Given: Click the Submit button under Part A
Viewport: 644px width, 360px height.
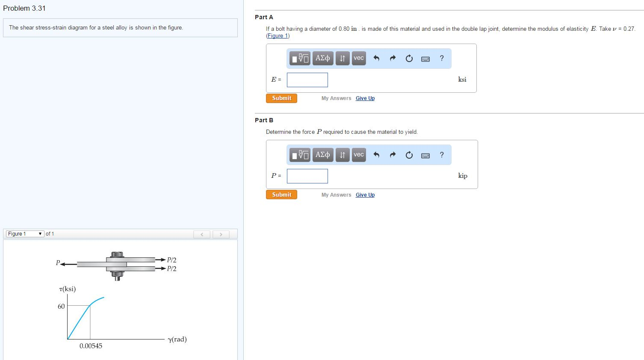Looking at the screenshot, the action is pyautogui.click(x=281, y=98).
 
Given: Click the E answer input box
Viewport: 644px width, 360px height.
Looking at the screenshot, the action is pyautogui.click(x=307, y=80).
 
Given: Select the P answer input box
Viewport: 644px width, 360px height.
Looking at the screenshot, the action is pyautogui.click(x=307, y=176).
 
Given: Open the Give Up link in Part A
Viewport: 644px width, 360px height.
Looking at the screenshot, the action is pyautogui.click(x=365, y=98).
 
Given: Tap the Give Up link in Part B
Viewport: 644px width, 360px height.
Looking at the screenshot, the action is pyautogui.click(x=365, y=195).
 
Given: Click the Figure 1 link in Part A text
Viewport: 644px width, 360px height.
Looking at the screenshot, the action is pyautogui.click(x=278, y=36).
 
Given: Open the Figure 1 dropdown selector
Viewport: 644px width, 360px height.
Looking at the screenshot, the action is pyautogui.click(x=25, y=234).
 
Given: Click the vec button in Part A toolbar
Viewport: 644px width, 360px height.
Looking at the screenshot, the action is pyautogui.click(x=359, y=59).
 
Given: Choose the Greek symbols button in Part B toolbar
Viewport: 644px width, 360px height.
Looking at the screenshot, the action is pyautogui.click(x=323, y=155).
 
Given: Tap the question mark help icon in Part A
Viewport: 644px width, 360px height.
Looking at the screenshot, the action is pyautogui.click(x=442, y=59).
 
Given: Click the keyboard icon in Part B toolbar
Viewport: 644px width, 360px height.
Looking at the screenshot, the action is pyautogui.click(x=425, y=156).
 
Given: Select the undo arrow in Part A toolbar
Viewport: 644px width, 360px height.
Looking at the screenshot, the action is pyautogui.click(x=376, y=59).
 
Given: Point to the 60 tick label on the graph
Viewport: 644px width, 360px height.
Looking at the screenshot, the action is pyautogui.click(x=61, y=307).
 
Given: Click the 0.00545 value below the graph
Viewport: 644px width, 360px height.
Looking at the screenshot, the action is pyautogui.click(x=91, y=346).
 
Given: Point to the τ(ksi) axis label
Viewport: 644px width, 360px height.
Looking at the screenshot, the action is pyautogui.click(x=68, y=289).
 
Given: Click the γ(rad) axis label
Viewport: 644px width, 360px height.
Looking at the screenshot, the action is pyautogui.click(x=177, y=339).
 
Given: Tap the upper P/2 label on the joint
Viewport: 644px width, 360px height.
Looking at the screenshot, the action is pyautogui.click(x=171, y=260).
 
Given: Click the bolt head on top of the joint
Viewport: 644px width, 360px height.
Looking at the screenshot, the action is pyautogui.click(x=117, y=254).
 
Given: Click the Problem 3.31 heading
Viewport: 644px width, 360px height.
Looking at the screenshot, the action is pyautogui.click(x=24, y=9).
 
